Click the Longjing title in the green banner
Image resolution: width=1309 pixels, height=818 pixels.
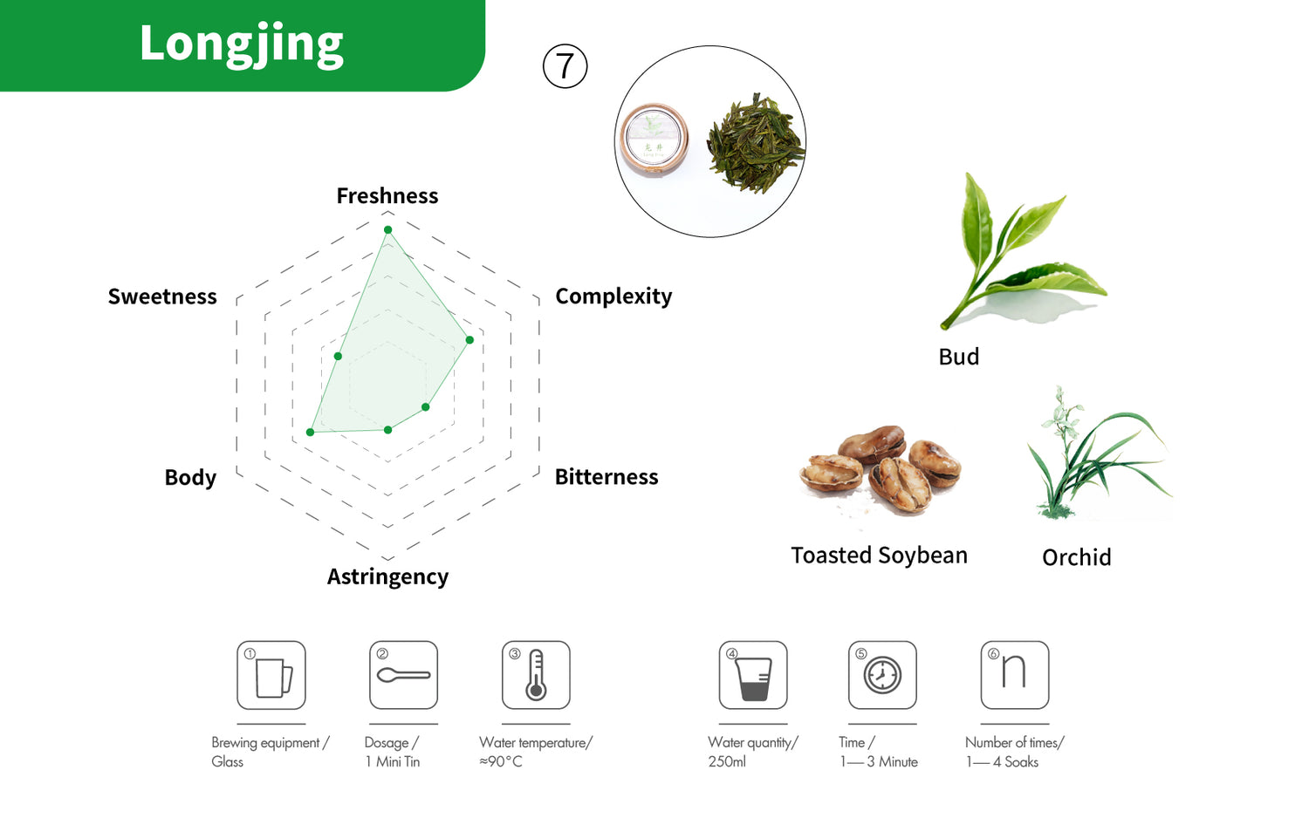(x=242, y=44)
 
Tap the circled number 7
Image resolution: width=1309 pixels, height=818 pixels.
(x=565, y=66)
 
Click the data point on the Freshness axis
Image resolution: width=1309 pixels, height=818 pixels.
(x=387, y=229)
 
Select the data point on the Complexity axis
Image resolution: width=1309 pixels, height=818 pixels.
(x=469, y=339)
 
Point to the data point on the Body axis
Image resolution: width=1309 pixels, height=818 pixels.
(x=311, y=432)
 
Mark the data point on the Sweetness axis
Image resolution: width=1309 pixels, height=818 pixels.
(x=338, y=356)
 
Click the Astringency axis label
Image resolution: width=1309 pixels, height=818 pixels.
(x=387, y=576)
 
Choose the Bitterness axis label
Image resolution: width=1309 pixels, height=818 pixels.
(x=607, y=477)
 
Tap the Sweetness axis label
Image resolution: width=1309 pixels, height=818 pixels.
(x=162, y=297)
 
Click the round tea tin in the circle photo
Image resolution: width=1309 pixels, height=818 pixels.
(x=654, y=140)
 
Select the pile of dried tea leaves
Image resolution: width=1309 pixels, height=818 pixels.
(x=755, y=143)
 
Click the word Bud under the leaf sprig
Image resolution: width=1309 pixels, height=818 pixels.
(x=958, y=357)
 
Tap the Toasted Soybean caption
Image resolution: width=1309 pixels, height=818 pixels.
(x=879, y=556)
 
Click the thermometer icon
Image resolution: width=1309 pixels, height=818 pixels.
(x=536, y=675)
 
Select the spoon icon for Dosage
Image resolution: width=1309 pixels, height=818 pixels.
(x=403, y=675)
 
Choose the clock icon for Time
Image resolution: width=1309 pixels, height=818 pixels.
(x=882, y=675)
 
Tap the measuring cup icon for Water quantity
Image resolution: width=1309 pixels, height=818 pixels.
(x=753, y=675)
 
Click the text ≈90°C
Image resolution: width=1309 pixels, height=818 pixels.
(x=501, y=761)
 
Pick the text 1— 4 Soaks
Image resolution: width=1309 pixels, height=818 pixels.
(x=1002, y=762)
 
